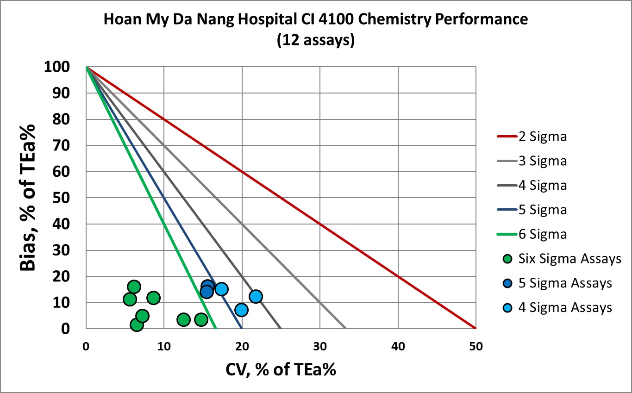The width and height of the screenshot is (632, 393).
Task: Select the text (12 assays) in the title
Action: [x=316, y=40]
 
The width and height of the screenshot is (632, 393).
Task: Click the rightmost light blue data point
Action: [x=256, y=296]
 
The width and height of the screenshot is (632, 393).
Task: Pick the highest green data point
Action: [x=134, y=287]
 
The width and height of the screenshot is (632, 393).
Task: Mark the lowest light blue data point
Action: [x=241, y=310]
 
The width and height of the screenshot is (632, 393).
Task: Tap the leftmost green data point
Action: [x=130, y=299]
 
